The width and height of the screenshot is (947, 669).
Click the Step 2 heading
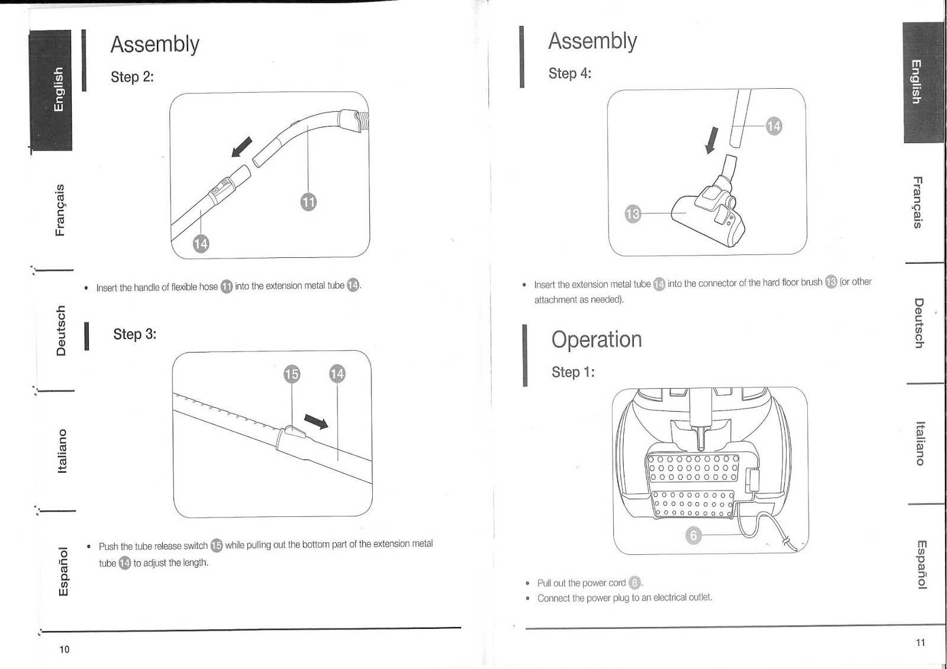click(132, 77)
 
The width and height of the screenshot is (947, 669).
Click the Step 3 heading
click(134, 334)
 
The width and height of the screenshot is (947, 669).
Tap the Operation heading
click(596, 340)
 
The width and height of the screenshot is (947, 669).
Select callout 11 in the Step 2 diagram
click(308, 202)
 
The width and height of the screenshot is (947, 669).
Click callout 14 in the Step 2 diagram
click(201, 244)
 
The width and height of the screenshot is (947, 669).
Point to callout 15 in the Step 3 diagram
click(292, 374)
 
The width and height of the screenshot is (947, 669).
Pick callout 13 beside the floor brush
click(633, 214)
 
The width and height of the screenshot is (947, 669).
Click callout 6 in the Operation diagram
click(693, 536)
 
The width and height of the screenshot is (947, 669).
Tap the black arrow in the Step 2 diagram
click(241, 147)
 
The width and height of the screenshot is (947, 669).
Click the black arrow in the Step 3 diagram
click(316, 421)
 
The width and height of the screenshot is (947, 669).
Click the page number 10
click(65, 649)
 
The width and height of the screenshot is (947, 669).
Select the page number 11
click(920, 642)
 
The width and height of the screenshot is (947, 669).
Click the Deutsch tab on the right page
click(918, 323)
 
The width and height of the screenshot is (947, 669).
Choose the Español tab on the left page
click(64, 571)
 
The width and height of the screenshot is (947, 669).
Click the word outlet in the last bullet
click(700, 597)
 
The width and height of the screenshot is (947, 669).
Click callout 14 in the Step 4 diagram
click(774, 126)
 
